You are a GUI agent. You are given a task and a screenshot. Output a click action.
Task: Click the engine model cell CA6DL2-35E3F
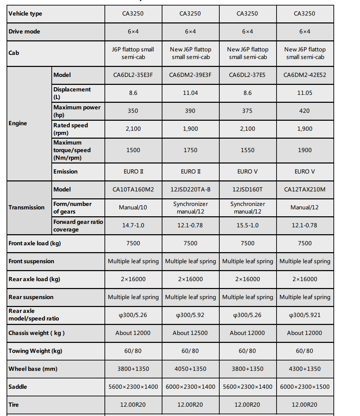click(x=133, y=75)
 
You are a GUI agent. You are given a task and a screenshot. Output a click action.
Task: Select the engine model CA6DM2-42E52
click(x=305, y=75)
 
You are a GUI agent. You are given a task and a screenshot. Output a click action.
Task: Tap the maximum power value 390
click(x=190, y=111)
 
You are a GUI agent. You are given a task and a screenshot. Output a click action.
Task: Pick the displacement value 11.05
click(x=305, y=93)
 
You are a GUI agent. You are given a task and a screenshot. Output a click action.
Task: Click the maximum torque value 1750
click(x=190, y=150)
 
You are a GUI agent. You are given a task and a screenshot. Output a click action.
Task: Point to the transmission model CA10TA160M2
click(x=133, y=189)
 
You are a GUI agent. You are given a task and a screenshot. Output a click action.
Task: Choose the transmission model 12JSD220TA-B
click(x=190, y=189)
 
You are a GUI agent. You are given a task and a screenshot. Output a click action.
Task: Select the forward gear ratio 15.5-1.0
click(x=248, y=225)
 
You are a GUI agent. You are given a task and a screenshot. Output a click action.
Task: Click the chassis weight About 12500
click(x=190, y=333)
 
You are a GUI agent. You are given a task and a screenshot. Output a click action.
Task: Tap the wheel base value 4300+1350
click(x=305, y=369)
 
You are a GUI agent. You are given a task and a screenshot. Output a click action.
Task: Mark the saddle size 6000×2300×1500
click(x=305, y=387)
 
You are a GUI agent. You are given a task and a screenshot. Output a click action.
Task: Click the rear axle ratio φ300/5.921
click(x=305, y=315)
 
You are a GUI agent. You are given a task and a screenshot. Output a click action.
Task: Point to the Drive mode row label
click(x=24, y=31)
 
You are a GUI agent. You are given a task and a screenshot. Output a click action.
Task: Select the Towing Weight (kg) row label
click(x=36, y=351)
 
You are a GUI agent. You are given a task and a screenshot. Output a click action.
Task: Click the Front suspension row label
click(x=31, y=261)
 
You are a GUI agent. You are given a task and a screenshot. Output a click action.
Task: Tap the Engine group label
click(x=18, y=123)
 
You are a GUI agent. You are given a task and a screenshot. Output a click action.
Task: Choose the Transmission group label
click(x=27, y=207)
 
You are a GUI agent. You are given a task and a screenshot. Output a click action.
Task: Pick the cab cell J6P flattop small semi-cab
click(x=133, y=53)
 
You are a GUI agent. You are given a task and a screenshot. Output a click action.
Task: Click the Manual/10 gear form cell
click(x=133, y=207)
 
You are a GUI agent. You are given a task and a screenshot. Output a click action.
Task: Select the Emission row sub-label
click(x=66, y=171)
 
